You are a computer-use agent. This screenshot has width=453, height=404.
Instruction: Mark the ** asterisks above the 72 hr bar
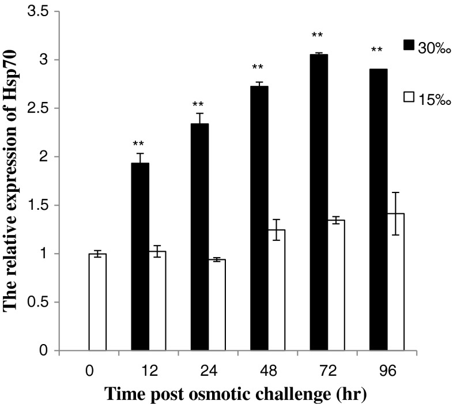point(317,36)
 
